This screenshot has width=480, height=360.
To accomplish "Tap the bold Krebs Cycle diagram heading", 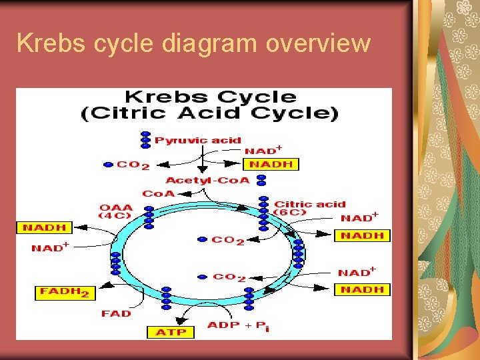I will tap(210, 97).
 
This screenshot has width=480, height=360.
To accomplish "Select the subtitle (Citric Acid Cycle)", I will tap(209, 113).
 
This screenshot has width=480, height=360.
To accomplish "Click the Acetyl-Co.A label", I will tap(207, 180).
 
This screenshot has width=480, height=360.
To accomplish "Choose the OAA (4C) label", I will tap(117, 211).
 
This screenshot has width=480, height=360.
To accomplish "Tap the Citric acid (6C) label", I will tap(309, 208).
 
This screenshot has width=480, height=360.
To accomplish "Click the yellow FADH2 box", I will tap(65, 292).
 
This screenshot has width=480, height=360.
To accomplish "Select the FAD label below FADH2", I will tap(116, 313).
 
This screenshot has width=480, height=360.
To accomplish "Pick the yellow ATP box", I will tap(170, 332).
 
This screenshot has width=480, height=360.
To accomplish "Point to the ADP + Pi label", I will tap(238, 327).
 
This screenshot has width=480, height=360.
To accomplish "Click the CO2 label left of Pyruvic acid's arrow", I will tap(133, 165).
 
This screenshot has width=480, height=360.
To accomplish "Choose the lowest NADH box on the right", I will tap(361, 289).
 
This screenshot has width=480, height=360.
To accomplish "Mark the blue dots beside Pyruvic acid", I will tap(145, 140).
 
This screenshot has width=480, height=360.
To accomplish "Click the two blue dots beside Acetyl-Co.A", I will tap(261, 180).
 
